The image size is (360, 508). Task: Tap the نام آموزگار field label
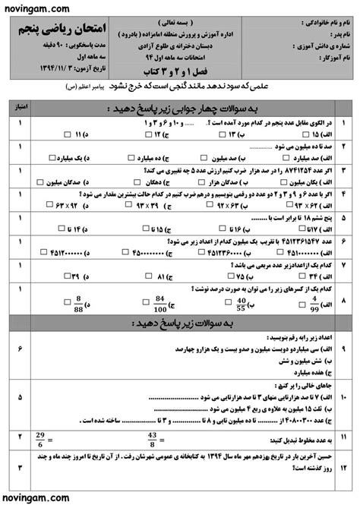click(324, 57)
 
